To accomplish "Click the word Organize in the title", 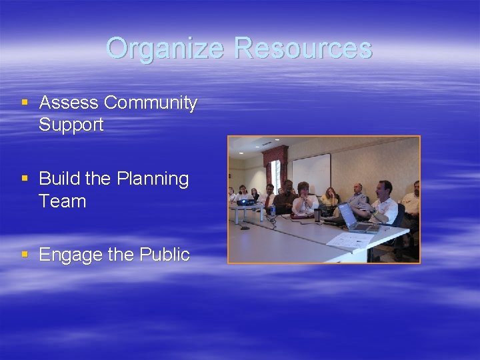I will [x=167, y=49].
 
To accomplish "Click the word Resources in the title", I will [x=303, y=49].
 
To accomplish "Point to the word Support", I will [x=71, y=125].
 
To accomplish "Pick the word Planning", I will [x=153, y=179].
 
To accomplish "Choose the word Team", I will [x=63, y=201].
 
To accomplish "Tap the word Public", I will [x=165, y=255].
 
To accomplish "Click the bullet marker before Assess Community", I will [x=25, y=103].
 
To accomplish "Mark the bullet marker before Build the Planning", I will [x=25, y=179].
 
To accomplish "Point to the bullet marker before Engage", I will [x=25, y=255].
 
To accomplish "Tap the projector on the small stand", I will [x=246, y=201].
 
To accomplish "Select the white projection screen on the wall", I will [x=311, y=173].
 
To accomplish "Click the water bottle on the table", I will [x=273, y=211].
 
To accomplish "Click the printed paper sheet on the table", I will [x=352, y=240].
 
